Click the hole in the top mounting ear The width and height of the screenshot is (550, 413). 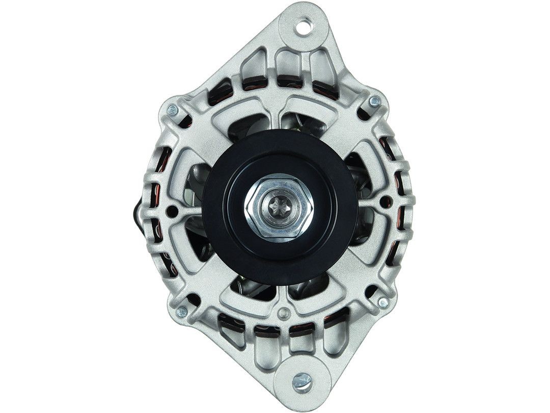306,25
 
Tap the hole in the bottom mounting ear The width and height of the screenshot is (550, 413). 302,381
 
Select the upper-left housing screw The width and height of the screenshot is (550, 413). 173,110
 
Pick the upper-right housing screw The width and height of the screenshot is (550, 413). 375,102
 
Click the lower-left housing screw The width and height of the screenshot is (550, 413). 181,311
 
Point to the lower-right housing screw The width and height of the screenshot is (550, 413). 383,302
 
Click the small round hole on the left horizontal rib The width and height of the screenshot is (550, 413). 173,210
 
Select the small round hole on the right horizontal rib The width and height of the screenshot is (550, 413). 386,200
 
